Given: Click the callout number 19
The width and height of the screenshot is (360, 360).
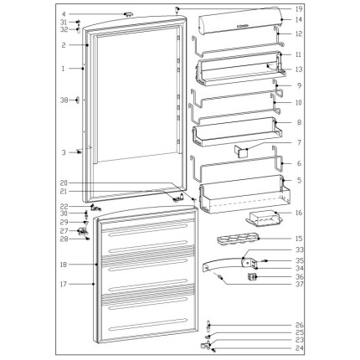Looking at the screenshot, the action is pyautogui.click(x=299, y=9).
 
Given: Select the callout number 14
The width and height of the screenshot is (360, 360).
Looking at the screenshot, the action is pyautogui.click(x=299, y=20).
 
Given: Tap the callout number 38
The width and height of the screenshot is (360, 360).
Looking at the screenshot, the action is pyautogui.click(x=64, y=100).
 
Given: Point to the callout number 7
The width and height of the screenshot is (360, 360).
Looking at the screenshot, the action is pyautogui.click(x=300, y=142).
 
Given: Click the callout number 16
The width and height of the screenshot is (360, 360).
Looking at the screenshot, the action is pyautogui.click(x=299, y=213).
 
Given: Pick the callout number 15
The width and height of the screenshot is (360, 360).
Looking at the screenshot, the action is pyautogui.click(x=299, y=239).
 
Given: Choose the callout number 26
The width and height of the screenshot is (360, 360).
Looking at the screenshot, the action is pyautogui.click(x=300, y=326).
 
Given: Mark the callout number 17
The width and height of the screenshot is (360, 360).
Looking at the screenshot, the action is pyautogui.click(x=64, y=284).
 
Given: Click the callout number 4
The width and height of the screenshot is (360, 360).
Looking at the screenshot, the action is pyautogui.click(x=64, y=14).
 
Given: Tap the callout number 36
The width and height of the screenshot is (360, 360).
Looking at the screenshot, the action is pyautogui.click(x=300, y=277).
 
